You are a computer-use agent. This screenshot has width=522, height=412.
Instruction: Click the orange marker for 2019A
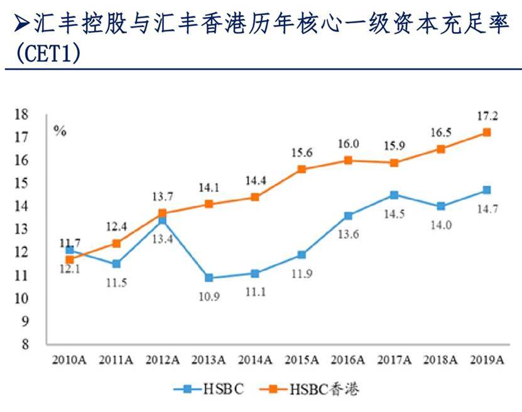[486, 132]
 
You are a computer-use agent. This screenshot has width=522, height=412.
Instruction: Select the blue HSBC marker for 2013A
[209, 278]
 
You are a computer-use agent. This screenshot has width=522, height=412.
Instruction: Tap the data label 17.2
[486, 116]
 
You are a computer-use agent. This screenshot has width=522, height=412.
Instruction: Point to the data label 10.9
[209, 296]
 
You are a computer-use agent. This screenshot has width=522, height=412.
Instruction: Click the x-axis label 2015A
[302, 360]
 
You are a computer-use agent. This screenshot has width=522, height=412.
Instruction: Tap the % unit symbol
[60, 131]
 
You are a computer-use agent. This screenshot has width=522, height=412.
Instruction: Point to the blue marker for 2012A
[163, 220]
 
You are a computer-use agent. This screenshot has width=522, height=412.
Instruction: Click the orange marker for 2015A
[302, 169]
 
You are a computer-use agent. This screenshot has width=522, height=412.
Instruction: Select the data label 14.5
[394, 214]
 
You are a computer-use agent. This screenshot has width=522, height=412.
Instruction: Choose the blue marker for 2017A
[394, 195]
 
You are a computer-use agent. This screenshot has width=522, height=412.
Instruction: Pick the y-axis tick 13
[23, 229]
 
